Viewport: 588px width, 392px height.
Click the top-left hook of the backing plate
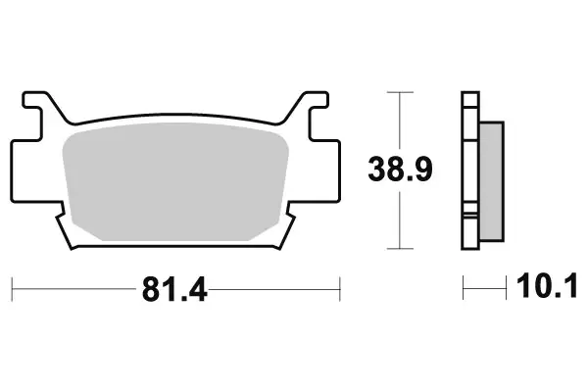coord(36,103)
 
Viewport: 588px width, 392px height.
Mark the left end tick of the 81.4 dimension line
coord(12,289)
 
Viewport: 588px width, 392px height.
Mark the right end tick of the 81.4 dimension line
coord(339,289)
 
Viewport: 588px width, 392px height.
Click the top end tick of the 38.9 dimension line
coord(400,92)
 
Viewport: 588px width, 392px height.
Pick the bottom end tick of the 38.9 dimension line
coord(400,248)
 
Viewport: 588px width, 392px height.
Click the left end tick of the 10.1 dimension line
coord(465,289)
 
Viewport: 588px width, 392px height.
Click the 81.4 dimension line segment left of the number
coord(73,289)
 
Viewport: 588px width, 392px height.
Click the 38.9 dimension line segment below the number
coord(400,220)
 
